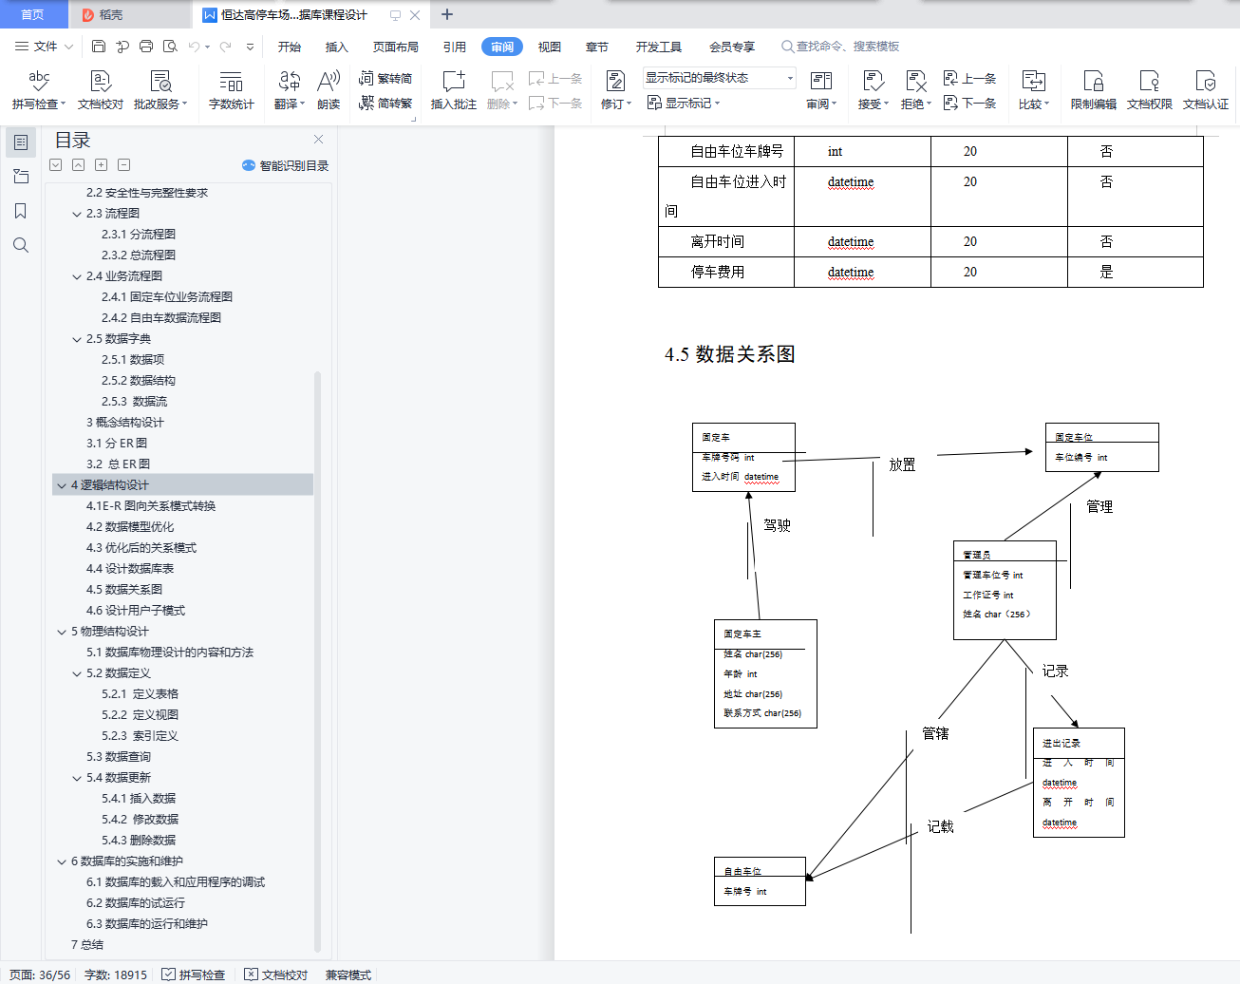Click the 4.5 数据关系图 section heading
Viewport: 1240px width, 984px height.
pos(729,354)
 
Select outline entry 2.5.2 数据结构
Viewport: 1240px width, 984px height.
pos(139,380)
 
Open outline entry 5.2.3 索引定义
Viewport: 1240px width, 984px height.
pos(140,735)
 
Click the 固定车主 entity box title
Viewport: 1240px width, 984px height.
pos(742,634)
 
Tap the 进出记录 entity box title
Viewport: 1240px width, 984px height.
pos(1061,743)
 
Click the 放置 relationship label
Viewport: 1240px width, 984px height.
pos(902,464)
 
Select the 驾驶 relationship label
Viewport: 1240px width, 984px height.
pos(777,525)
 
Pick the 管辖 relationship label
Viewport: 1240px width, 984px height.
pos(935,733)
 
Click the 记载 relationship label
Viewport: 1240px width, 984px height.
pos(940,826)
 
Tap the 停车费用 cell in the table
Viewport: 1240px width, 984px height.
pos(718,272)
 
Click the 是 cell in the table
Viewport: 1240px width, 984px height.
pos(1106,272)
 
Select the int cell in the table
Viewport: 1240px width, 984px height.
pos(835,151)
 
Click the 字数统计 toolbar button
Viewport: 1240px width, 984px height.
pos(232,90)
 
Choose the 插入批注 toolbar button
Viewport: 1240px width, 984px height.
pos(453,90)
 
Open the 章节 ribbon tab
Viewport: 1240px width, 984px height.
pos(596,47)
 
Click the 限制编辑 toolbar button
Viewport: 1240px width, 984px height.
pos(1093,90)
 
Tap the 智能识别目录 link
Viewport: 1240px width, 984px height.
pos(287,165)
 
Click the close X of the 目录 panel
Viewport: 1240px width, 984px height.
pos(318,139)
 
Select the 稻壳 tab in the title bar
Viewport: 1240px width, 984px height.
pos(110,14)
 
